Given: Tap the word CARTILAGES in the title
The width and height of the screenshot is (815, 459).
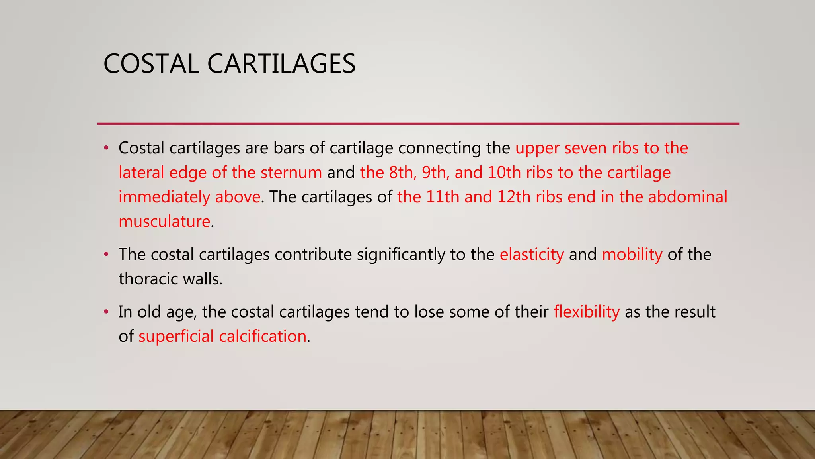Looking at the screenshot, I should coord(281,64).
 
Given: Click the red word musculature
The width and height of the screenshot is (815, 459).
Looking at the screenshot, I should coord(164,222).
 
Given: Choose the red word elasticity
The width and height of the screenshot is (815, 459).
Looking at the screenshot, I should coord(532,255).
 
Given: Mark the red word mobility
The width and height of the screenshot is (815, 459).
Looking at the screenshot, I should coord(632,255).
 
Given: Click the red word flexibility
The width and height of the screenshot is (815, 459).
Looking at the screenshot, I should coord(587,312).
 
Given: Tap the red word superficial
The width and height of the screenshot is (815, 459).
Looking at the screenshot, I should coord(176,337).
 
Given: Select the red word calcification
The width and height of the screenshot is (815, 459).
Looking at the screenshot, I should coord(263,337).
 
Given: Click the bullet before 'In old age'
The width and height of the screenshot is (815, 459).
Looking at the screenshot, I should coord(106,312).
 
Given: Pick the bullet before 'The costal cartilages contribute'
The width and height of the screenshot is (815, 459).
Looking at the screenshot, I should coord(106,254).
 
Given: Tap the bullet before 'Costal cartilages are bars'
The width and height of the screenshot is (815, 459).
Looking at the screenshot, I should coord(106,148).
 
